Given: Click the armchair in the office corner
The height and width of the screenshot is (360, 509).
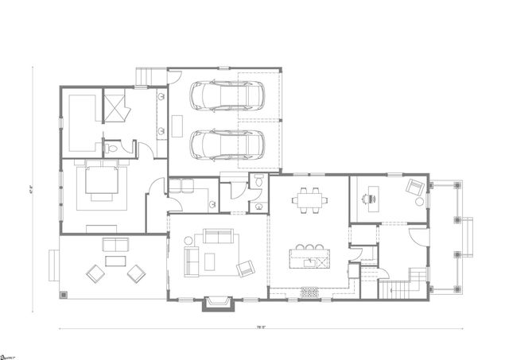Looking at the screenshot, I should pos(415,189).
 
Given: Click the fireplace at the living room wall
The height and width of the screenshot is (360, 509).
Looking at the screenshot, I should pos(218,302).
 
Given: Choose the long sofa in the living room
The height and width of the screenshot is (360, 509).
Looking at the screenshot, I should pos(217,237).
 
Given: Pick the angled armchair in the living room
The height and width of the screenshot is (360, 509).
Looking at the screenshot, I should pos(245,268).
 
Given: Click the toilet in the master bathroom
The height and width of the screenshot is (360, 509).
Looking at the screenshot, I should pos(112,147).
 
